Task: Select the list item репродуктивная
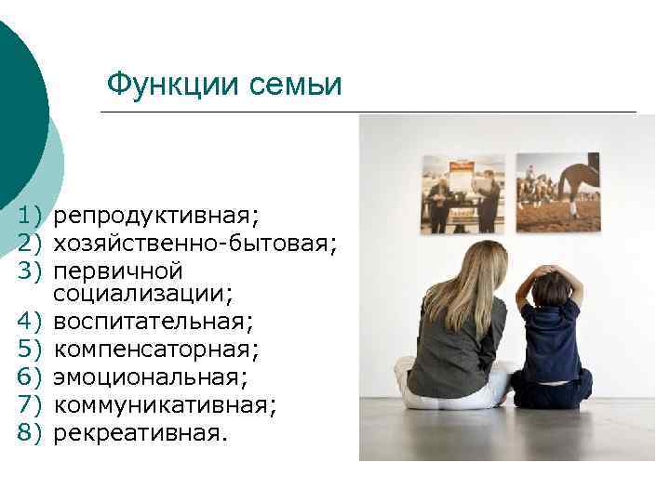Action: point(156,217)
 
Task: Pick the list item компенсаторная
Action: point(154,350)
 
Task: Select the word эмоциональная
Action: point(150,377)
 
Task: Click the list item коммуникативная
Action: point(165,405)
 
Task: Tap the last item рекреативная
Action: point(140,432)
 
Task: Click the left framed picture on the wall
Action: point(462,193)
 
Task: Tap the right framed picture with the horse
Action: point(557,192)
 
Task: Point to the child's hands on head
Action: point(548,272)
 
